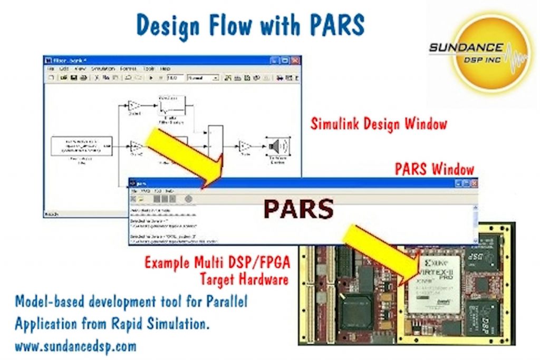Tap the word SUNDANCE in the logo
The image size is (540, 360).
(x=466, y=47)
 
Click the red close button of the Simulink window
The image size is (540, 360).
(x=295, y=61)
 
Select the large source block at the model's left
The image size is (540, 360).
(x=82, y=146)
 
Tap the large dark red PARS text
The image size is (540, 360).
(x=298, y=209)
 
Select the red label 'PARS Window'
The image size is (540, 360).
(x=434, y=169)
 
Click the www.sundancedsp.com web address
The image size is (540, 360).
(x=75, y=346)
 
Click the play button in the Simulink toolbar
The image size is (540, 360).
(x=151, y=78)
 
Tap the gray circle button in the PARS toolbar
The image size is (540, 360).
(x=188, y=199)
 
